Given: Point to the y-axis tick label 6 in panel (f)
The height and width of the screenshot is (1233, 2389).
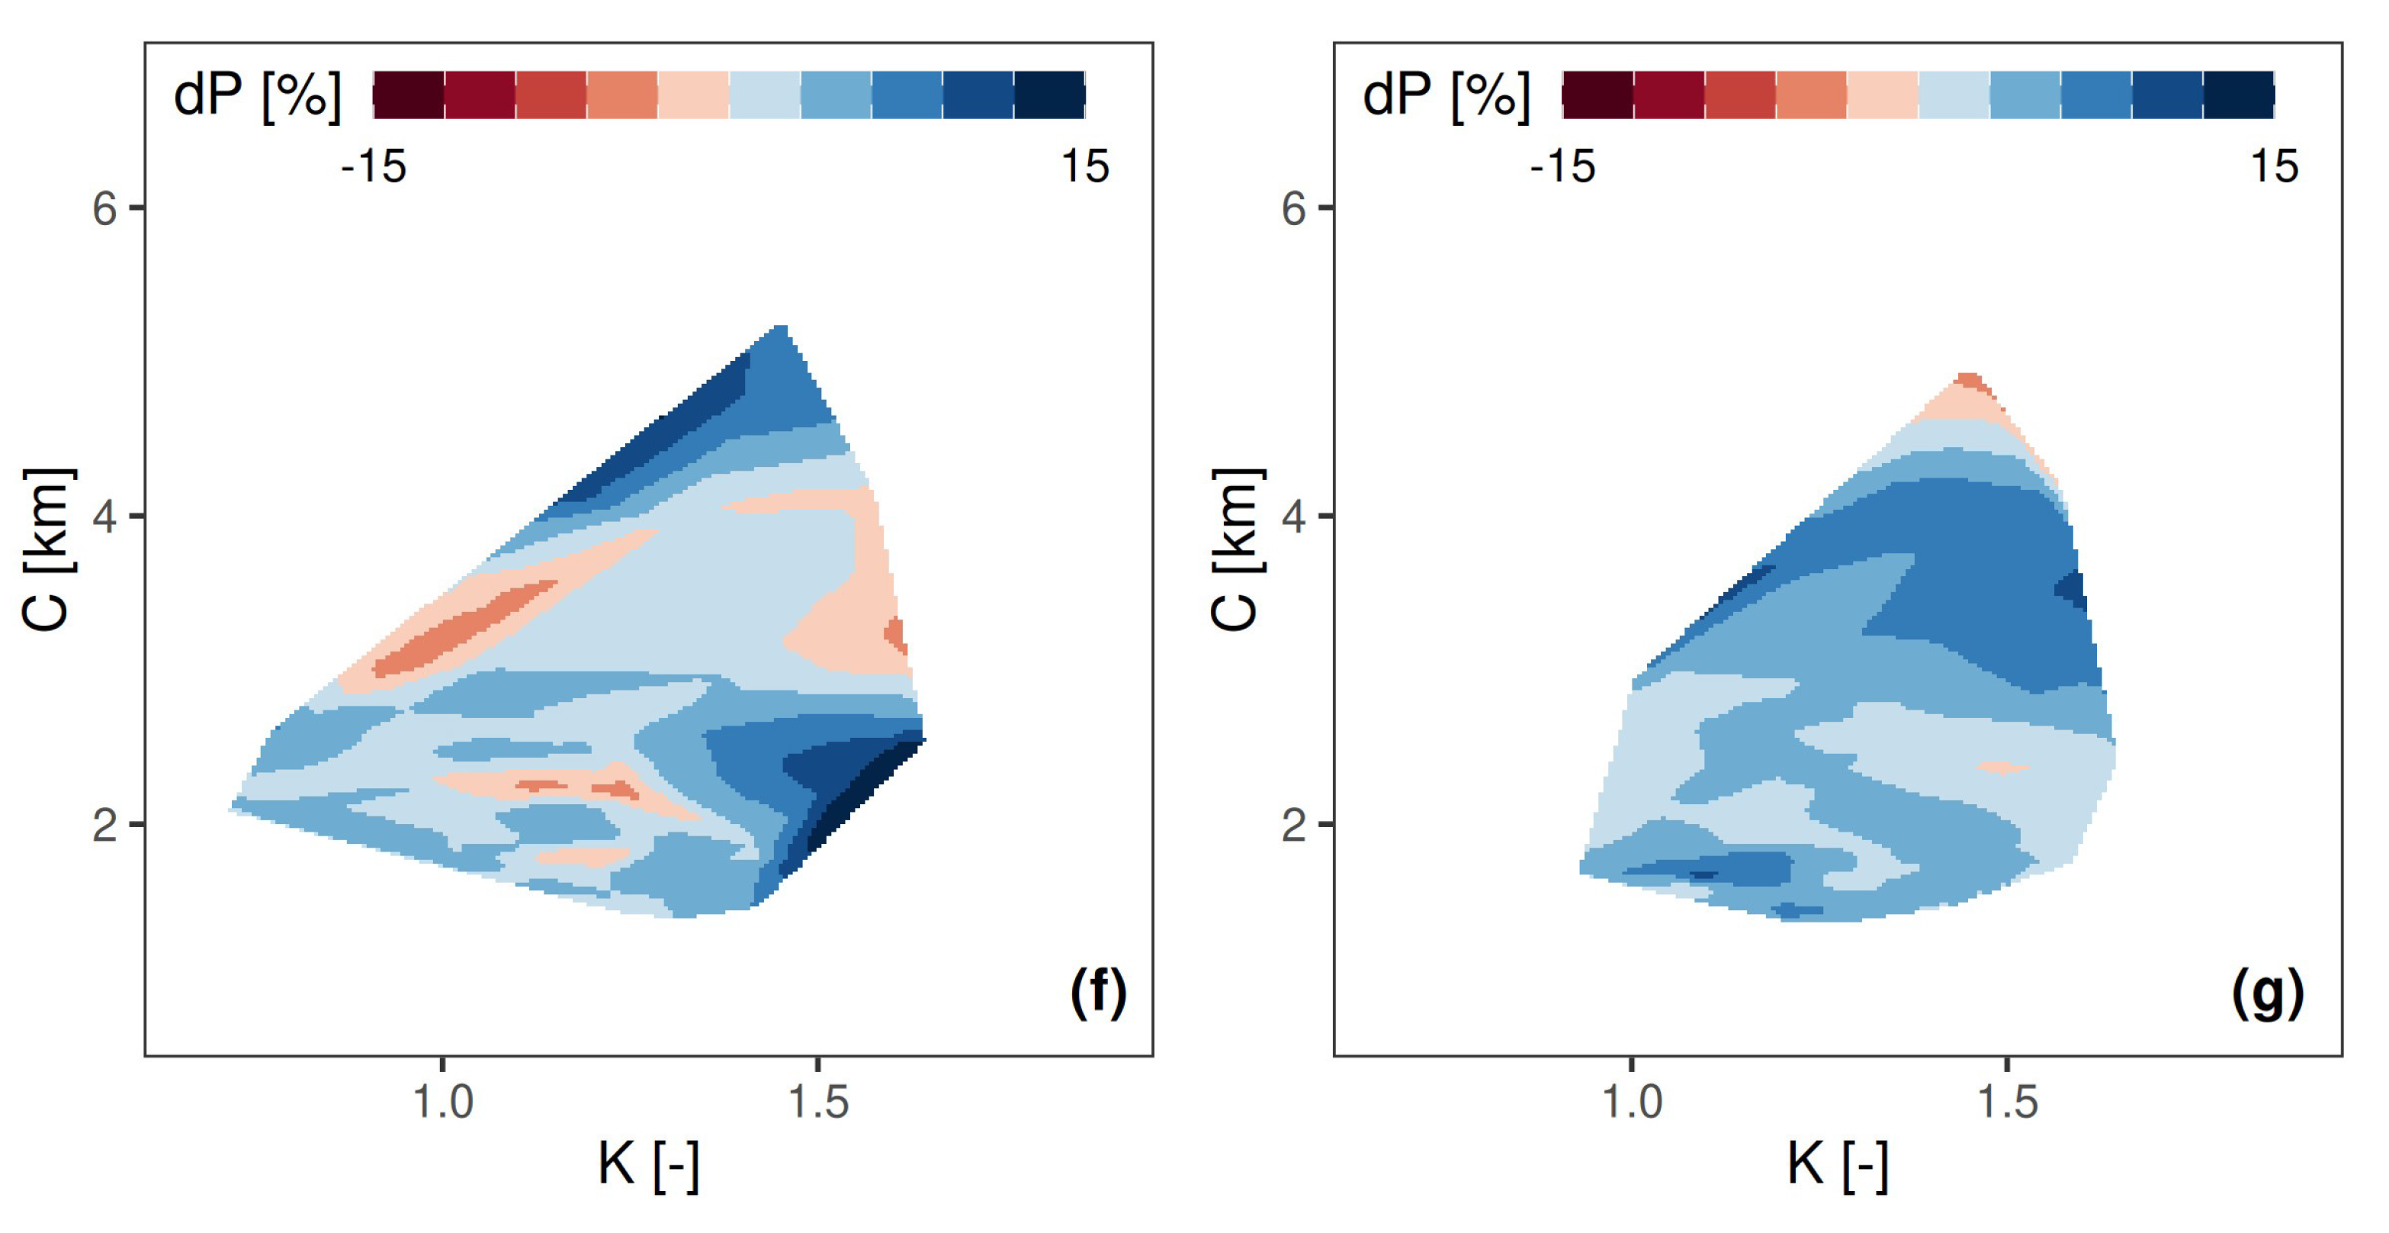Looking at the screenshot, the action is pyautogui.click(x=104, y=208).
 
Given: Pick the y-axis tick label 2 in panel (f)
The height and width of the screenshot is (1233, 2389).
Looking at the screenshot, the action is pyautogui.click(x=104, y=824).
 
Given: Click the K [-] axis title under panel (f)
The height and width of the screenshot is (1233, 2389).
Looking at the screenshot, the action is pyautogui.click(x=647, y=1164).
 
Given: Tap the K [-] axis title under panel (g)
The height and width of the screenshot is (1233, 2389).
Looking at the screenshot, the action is pyautogui.click(x=1837, y=1164).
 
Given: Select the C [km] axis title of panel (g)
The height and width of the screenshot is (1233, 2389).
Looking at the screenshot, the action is pyautogui.click(x=1237, y=549).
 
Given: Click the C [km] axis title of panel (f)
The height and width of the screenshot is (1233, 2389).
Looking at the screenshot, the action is pyautogui.click(x=47, y=549).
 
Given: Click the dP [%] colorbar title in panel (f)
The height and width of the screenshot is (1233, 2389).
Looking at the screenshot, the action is pyautogui.click(x=257, y=95).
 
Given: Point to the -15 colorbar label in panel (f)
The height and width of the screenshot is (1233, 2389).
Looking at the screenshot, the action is pyautogui.click(x=373, y=167).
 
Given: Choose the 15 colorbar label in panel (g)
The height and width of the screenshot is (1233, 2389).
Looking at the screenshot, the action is pyautogui.click(x=2274, y=167).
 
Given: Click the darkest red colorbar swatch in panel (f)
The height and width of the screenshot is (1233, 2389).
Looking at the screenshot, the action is pyautogui.click(x=408, y=95).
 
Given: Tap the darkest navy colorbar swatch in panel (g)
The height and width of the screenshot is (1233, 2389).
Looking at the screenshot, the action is pyautogui.click(x=2239, y=95).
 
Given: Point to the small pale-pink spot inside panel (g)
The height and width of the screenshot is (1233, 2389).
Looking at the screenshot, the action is pyautogui.click(x=2004, y=768).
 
